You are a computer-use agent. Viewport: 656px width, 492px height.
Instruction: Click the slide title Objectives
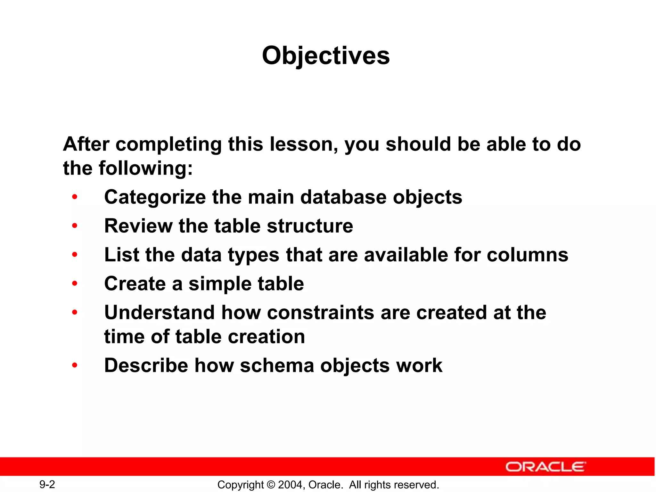coord(326,56)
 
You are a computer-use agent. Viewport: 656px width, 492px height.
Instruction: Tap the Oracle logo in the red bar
coord(545,467)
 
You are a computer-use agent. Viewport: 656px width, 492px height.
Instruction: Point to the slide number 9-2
coord(47,484)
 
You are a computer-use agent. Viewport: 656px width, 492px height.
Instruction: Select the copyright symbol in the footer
coord(271,485)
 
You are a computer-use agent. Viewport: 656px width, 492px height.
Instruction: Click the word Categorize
coord(155,197)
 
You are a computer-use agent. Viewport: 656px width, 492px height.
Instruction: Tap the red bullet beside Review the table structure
coord(75,226)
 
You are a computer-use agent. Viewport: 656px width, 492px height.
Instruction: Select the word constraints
coord(320,313)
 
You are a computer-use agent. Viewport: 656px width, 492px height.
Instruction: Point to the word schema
coord(277,365)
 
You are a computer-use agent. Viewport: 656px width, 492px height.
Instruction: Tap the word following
coord(145,168)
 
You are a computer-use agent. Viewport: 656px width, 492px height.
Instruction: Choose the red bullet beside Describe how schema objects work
coord(75,365)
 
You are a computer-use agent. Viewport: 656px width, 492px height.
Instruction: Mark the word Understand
coord(160,313)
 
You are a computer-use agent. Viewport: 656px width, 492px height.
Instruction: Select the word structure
coord(310,226)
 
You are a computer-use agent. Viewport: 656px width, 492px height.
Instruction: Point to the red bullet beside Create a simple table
coord(75,284)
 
